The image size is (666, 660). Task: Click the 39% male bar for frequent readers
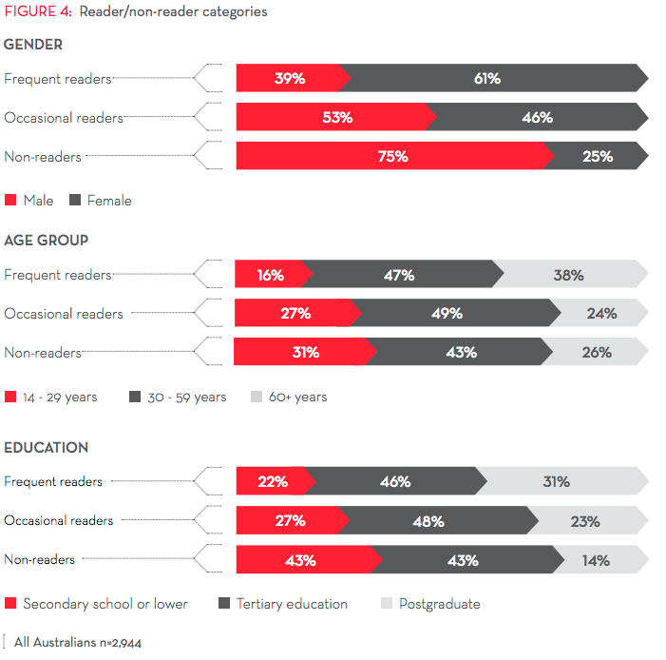[x=289, y=78]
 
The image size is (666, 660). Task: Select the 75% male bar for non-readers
[x=391, y=156]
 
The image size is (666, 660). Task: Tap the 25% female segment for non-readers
[x=598, y=156]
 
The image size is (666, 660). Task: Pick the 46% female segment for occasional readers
[x=538, y=117]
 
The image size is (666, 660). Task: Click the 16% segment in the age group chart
[x=271, y=275]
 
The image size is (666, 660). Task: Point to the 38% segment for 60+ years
[x=568, y=275]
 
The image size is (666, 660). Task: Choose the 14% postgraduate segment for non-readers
[x=596, y=560]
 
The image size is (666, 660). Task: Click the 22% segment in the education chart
[x=273, y=481]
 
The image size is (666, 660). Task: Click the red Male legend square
[x=10, y=201]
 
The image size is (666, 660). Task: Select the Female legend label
[x=109, y=201]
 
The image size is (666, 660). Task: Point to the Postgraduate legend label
[x=439, y=604]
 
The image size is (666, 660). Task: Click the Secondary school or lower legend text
[x=105, y=604]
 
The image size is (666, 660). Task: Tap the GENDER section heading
[x=33, y=44]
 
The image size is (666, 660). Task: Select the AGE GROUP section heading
[x=46, y=241]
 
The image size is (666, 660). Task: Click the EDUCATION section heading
[x=46, y=447]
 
